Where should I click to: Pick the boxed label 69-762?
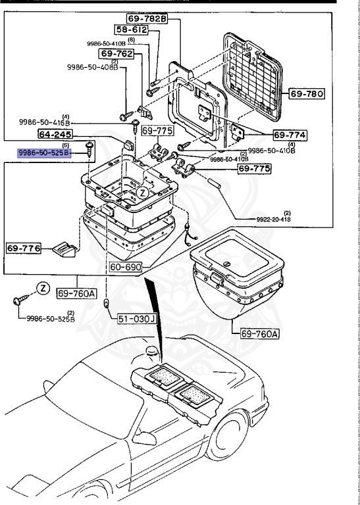click(117, 53)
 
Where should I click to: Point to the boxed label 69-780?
click(307, 94)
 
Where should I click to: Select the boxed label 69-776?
click(24, 249)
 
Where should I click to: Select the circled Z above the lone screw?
click(41, 288)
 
